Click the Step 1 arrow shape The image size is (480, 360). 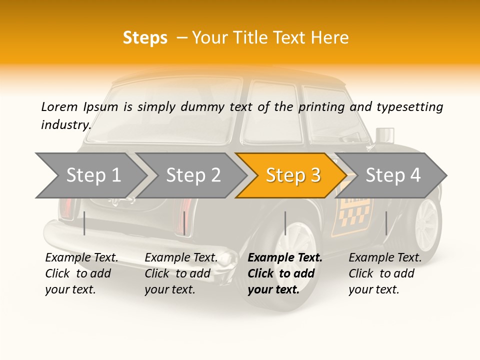point(92,175)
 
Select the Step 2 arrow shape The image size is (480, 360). point(192,175)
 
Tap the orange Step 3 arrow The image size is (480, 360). point(292,175)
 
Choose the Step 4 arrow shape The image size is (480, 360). point(392,175)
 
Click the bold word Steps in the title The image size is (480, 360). point(145,38)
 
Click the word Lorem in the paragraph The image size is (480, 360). point(59,106)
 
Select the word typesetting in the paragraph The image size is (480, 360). point(409,106)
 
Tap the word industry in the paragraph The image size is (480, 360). point(65,124)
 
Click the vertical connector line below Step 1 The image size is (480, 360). point(84,223)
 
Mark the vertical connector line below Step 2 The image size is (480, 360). point(184,223)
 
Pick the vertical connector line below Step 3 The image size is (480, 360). point(285,223)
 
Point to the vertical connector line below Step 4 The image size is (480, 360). point(386,223)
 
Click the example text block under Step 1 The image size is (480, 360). point(81,273)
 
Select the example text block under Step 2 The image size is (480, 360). point(181,273)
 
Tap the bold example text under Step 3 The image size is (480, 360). point(284,273)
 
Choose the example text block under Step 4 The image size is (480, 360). point(385,273)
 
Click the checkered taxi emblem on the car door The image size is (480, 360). point(355,212)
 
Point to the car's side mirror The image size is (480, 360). point(384,135)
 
